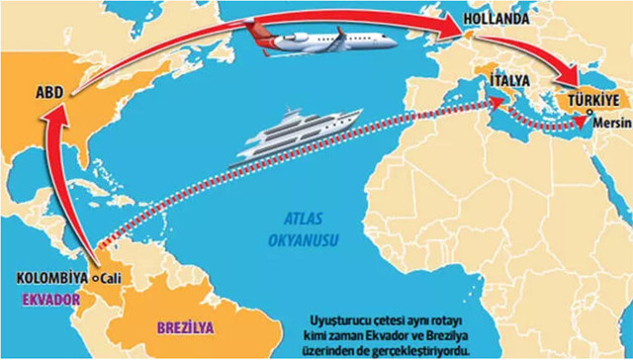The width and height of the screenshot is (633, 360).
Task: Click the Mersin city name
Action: (604, 126)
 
